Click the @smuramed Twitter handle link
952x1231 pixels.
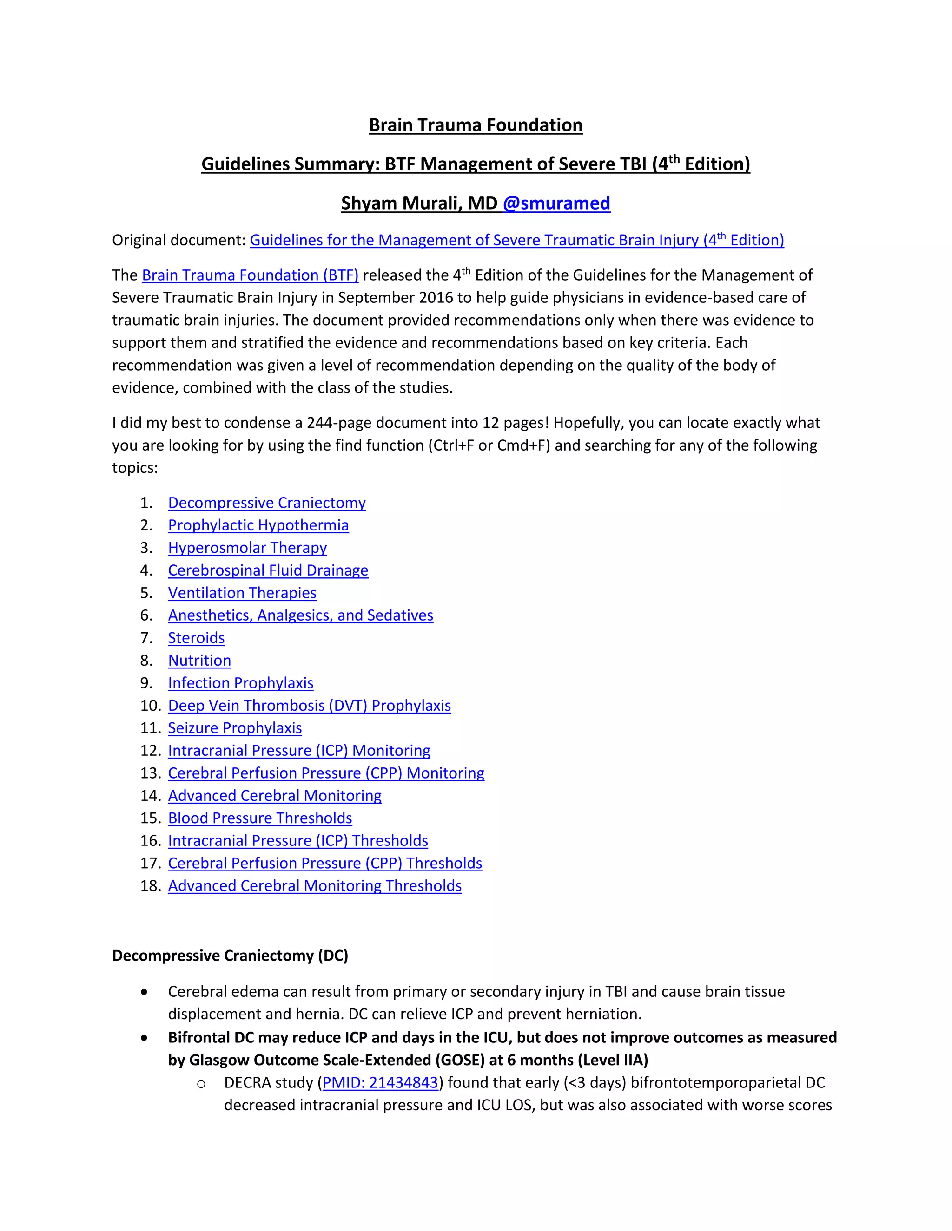click(x=556, y=203)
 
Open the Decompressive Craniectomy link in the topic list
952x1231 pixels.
click(x=267, y=503)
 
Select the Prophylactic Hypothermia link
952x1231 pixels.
click(x=258, y=525)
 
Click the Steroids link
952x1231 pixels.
click(x=196, y=638)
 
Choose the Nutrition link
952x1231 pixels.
click(x=199, y=661)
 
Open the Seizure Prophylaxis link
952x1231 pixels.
click(x=235, y=728)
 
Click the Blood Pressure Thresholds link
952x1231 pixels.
click(x=260, y=818)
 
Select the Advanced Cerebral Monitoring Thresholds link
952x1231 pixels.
click(x=315, y=886)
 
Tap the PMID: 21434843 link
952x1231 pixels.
click(x=380, y=1083)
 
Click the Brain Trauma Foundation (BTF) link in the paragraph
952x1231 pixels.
click(x=250, y=275)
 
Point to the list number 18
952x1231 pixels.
click(x=151, y=886)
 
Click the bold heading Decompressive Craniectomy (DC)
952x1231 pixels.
click(x=230, y=956)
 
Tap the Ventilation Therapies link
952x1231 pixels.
click(x=242, y=593)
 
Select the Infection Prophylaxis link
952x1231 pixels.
click(x=240, y=683)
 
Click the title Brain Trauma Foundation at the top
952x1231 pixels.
click(x=476, y=125)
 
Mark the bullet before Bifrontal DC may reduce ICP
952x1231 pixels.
click(x=145, y=1038)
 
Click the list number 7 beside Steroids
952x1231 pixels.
click(x=146, y=638)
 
